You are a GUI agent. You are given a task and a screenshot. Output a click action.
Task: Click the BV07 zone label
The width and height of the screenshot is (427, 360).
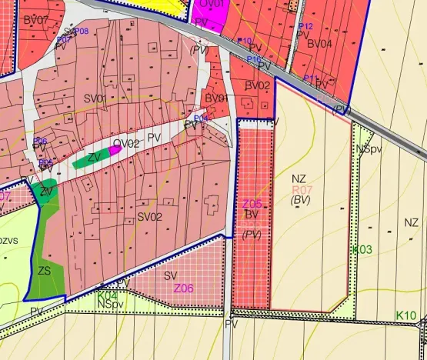(x=36, y=18)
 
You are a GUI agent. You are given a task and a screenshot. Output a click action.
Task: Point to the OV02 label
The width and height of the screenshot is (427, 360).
(x=127, y=144)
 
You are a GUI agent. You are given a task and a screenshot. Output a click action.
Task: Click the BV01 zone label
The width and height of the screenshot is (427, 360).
(x=217, y=98)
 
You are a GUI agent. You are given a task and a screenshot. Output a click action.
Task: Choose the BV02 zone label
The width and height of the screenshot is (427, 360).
(x=258, y=85)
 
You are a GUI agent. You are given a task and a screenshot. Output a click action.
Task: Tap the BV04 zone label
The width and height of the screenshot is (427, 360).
(x=319, y=44)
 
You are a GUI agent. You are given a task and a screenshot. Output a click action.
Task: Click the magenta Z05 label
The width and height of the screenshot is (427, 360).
(x=252, y=204)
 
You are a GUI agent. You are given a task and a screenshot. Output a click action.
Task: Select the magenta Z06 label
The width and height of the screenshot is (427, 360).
(x=184, y=288)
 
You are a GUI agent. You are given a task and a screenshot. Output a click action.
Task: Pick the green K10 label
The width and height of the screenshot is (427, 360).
(x=406, y=315)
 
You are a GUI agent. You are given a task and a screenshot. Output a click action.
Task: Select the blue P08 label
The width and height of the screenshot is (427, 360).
(x=82, y=31)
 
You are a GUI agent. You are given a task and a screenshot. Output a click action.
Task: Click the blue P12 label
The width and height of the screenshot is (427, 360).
(x=305, y=26)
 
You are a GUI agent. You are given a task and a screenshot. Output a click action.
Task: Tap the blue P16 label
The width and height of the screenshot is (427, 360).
(x=255, y=59)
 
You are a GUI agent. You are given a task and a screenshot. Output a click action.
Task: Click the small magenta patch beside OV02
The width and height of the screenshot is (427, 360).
(x=115, y=151)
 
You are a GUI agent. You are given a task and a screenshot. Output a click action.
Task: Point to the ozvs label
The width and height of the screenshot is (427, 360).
(x=9, y=241)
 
